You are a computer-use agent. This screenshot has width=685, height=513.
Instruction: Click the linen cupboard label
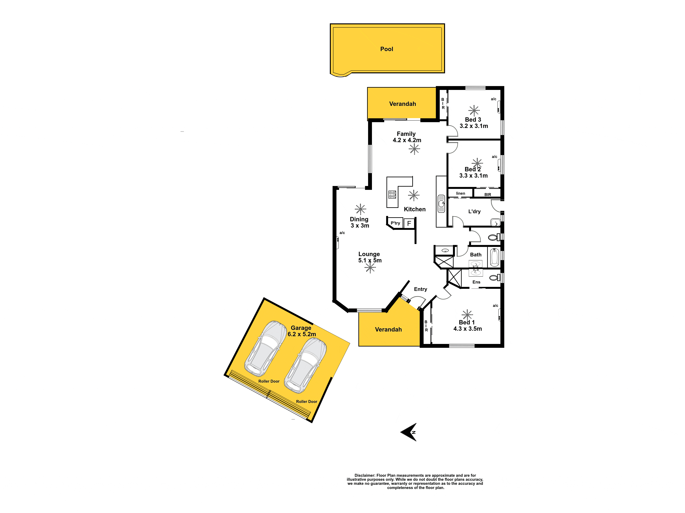pyautogui.click(x=461, y=193)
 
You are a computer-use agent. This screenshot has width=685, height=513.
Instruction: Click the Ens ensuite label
pyautogui.click(x=476, y=282)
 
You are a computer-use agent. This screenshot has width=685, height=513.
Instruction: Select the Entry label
pyautogui.click(x=421, y=289)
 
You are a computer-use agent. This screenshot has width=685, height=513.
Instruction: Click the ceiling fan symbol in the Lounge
pyautogui.click(x=370, y=268)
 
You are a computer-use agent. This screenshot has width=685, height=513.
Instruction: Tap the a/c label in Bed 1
pyautogui.click(x=496, y=306)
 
